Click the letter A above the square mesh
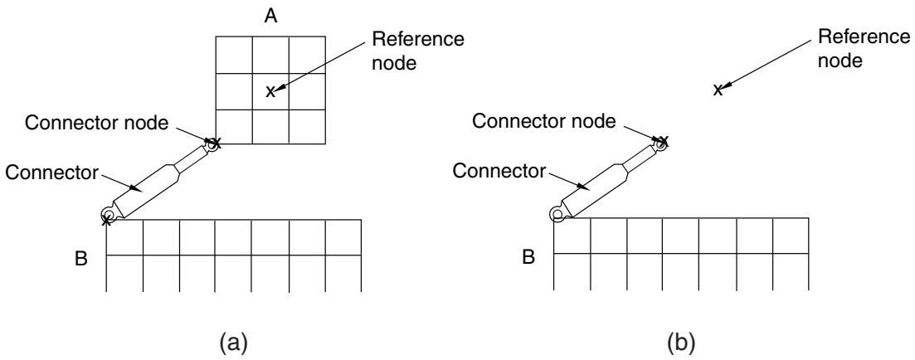[x=270, y=16]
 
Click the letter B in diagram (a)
[x=81, y=259]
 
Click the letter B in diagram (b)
[x=528, y=256]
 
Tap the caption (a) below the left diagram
[x=234, y=343]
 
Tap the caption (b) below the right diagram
[x=682, y=343]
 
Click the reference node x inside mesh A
[x=270, y=91]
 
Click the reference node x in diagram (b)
[x=718, y=90]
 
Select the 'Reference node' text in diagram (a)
[x=418, y=51]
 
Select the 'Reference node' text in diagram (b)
[x=864, y=48]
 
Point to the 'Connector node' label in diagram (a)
[x=97, y=123]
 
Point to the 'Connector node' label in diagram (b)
[x=544, y=121]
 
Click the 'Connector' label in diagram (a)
[x=52, y=173]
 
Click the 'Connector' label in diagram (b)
[x=499, y=171]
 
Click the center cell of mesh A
[x=270, y=91]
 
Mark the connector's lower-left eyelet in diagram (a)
[x=107, y=214]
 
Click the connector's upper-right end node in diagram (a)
[x=213, y=143]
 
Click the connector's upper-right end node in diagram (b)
[x=661, y=141]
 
